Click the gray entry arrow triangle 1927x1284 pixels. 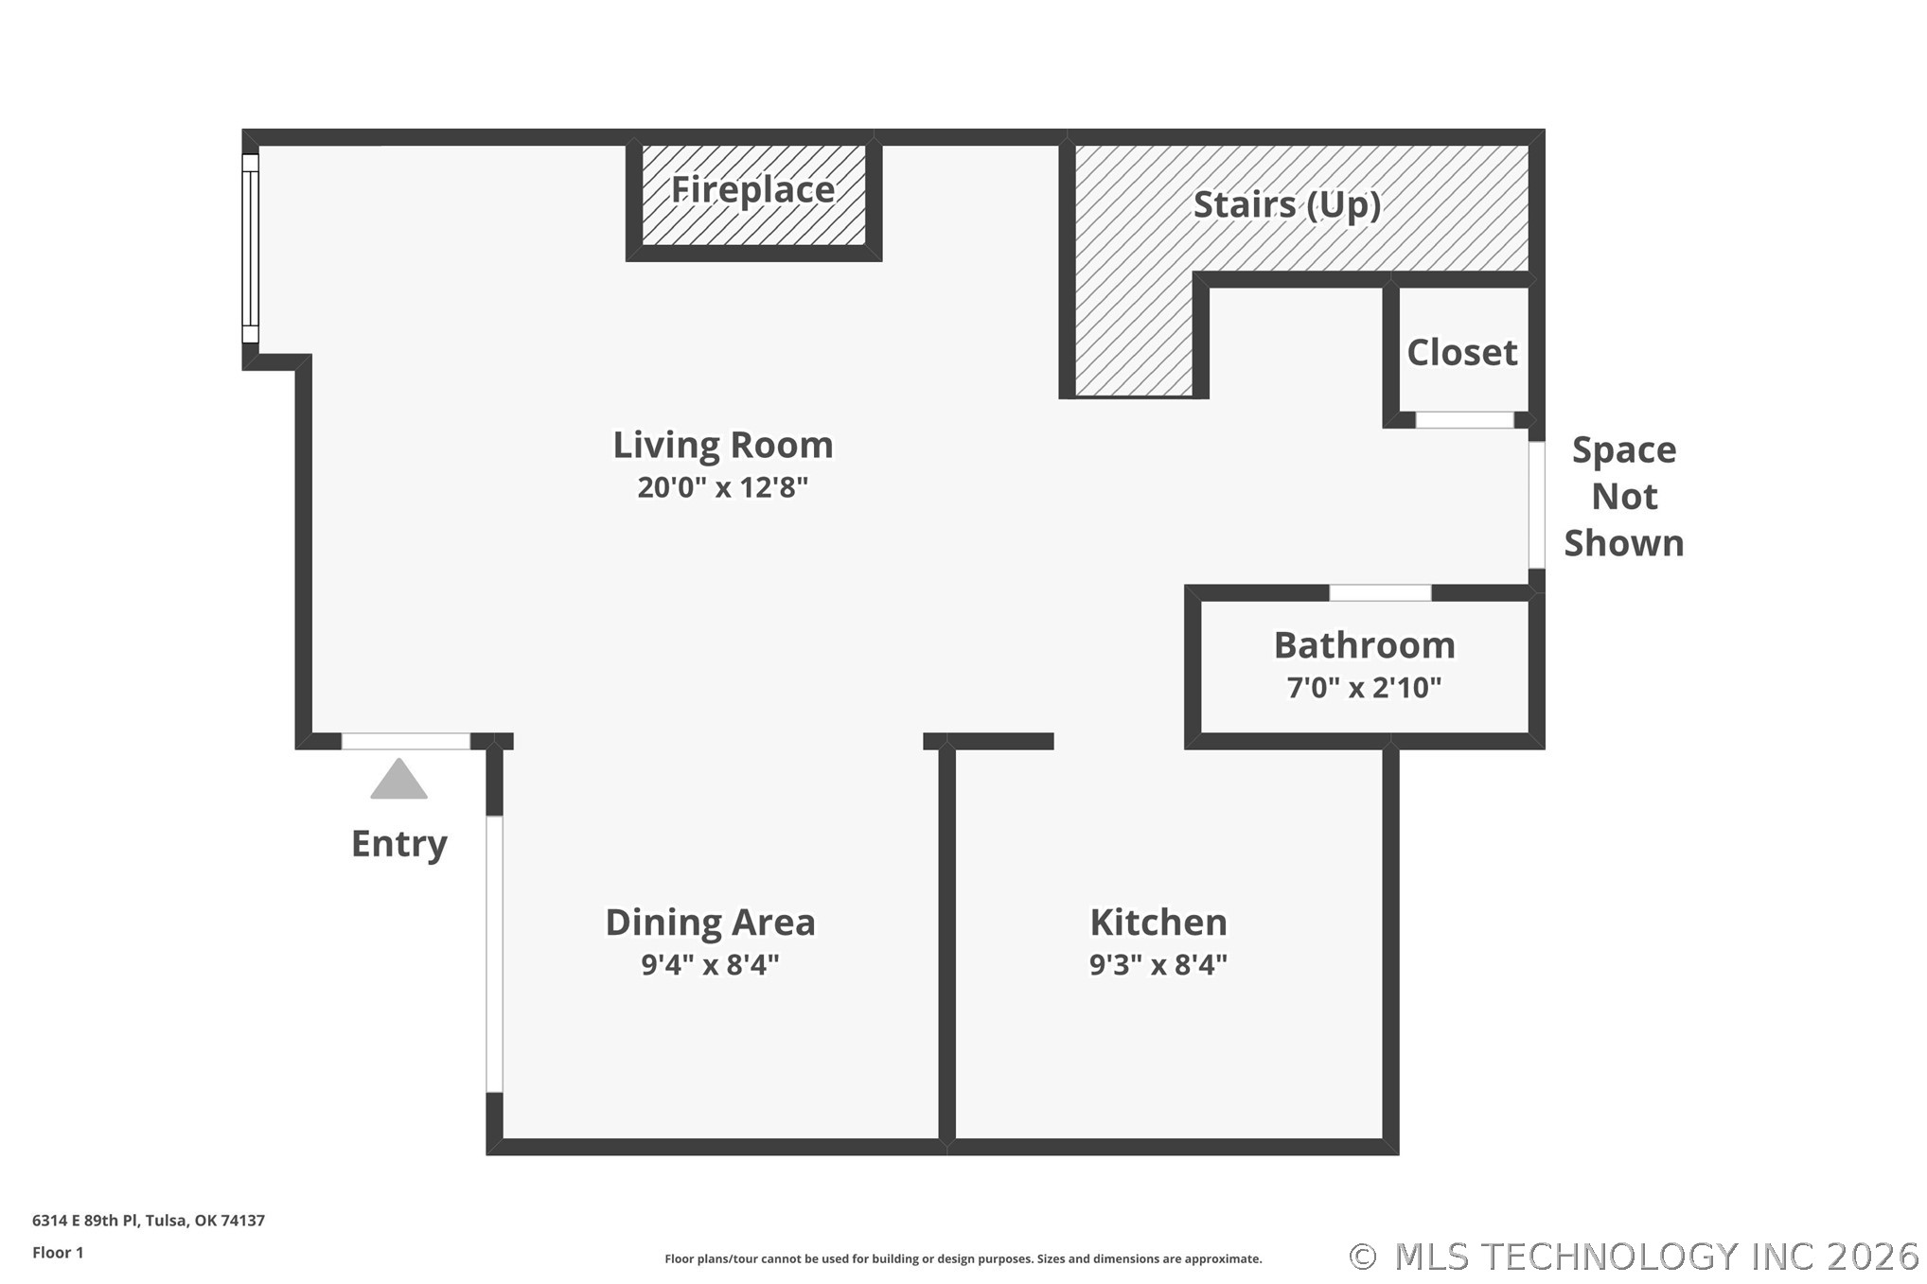click(x=398, y=779)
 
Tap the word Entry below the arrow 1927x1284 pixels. click(x=398, y=844)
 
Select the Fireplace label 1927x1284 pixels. click(x=753, y=190)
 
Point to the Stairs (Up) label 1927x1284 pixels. click(x=1287, y=205)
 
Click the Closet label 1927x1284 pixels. click(x=1462, y=353)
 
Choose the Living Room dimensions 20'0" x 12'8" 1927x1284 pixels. click(x=723, y=487)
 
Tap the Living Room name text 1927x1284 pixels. click(x=723, y=446)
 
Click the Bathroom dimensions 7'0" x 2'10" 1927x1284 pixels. click(x=1364, y=687)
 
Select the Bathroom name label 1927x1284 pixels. click(x=1364, y=645)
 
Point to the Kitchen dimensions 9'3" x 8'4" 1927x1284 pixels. click(x=1158, y=964)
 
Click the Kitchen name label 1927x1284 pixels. click(x=1158, y=923)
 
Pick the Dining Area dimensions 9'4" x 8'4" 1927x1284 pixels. click(x=710, y=964)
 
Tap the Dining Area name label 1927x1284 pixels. click(x=710, y=923)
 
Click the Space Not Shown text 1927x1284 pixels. click(x=1624, y=497)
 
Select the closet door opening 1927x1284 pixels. click(x=1464, y=420)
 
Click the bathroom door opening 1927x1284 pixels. click(x=1380, y=593)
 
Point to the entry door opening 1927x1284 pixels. click(x=406, y=742)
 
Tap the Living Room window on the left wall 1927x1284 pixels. click(x=250, y=249)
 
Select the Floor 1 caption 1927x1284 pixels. click(x=58, y=1253)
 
